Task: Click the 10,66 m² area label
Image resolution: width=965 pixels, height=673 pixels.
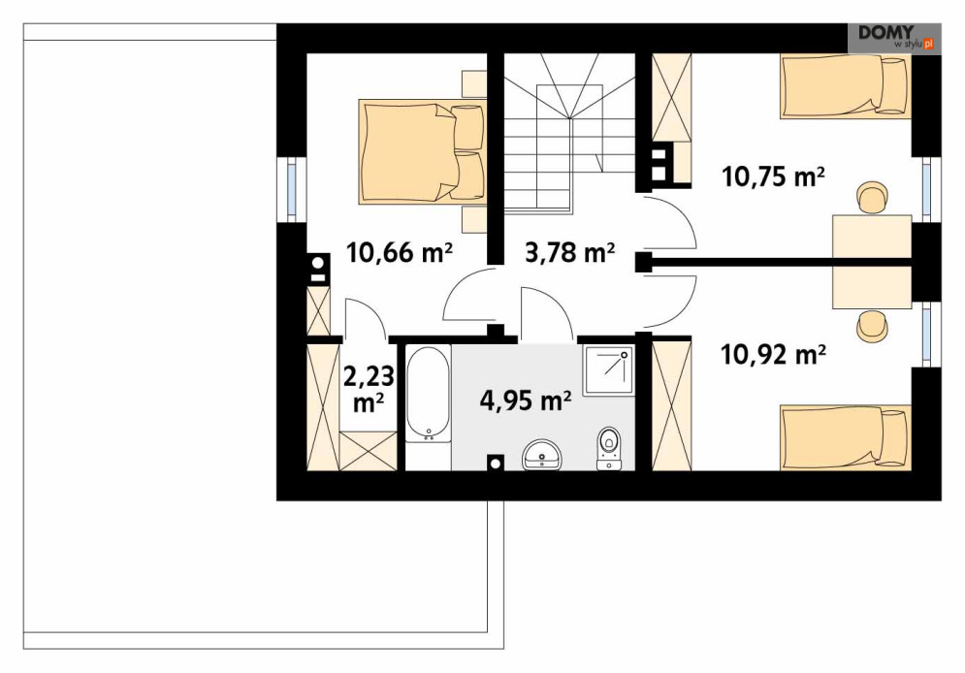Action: (x=400, y=252)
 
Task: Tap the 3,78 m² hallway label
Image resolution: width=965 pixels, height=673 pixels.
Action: (x=570, y=252)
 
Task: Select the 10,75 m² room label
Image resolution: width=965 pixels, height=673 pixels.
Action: (x=773, y=176)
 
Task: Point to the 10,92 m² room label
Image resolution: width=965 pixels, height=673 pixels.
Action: (x=773, y=355)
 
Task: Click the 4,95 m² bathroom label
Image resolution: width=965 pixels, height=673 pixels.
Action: (x=526, y=401)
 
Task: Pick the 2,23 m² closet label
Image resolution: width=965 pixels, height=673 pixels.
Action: (x=369, y=390)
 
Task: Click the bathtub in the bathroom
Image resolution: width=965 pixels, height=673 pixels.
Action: (x=429, y=395)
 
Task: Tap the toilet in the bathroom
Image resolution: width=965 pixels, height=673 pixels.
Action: (x=609, y=448)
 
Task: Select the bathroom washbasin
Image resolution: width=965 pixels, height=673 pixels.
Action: (x=542, y=455)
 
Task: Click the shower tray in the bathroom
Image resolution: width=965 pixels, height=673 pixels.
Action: (x=608, y=371)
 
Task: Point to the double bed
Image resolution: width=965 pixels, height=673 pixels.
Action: (x=422, y=151)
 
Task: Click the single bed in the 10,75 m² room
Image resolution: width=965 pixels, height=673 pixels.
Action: (x=846, y=85)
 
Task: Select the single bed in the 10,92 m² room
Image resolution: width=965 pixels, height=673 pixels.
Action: (x=846, y=437)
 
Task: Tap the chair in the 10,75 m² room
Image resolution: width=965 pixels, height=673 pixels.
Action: (x=873, y=198)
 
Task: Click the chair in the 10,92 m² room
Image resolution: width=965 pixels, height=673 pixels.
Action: (x=873, y=326)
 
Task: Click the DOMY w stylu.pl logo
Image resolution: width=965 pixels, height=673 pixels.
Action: (x=894, y=38)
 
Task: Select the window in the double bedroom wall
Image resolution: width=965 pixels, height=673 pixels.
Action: (x=292, y=189)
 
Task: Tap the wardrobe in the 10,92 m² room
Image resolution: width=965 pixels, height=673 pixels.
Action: (x=671, y=406)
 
